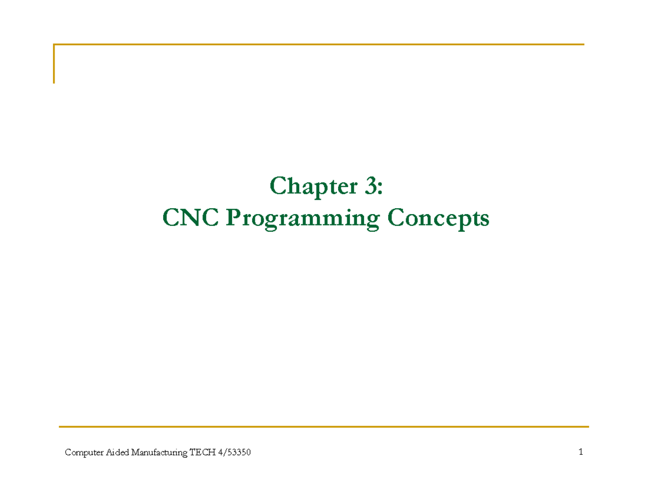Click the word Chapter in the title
pyautogui.click(x=313, y=187)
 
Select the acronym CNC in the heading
pyautogui.click(x=190, y=217)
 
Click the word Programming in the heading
pyautogui.click(x=303, y=220)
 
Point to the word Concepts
pyautogui.click(x=438, y=220)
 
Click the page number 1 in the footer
pyautogui.click(x=580, y=452)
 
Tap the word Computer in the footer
pyautogui.click(x=84, y=453)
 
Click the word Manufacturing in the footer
pyautogui.click(x=159, y=453)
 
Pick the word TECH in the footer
pyautogui.click(x=202, y=452)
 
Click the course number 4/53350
pyautogui.click(x=234, y=452)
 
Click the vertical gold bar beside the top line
pyautogui.click(x=53, y=64)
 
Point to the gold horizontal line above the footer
pyautogui.click(x=323, y=427)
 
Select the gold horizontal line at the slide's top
pyautogui.click(x=319, y=44)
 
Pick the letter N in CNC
pyautogui.click(x=190, y=217)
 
